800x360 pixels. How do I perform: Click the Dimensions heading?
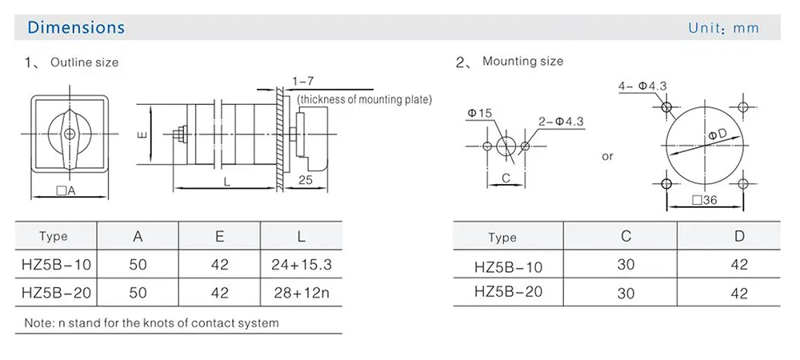pos(76,27)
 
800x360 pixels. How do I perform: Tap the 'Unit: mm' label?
pos(722,28)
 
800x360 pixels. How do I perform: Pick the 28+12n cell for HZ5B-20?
pos(301,293)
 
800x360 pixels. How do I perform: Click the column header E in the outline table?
pos(220,236)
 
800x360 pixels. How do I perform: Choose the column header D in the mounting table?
pos(739,236)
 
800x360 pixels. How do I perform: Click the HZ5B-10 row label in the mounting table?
pos(508,266)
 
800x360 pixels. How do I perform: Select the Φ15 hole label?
pos(480,114)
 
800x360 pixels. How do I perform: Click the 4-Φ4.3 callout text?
pos(642,86)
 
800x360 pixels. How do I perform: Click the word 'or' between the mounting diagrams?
pos(608,156)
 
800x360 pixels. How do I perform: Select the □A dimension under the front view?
pos(66,190)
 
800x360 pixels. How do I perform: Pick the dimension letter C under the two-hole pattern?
pos(506,178)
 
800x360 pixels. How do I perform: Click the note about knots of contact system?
pos(152,323)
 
